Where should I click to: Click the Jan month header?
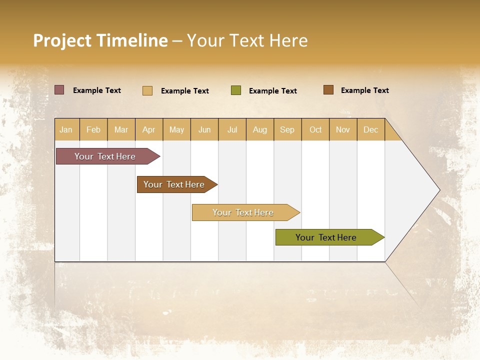(66, 130)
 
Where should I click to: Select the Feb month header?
(93, 130)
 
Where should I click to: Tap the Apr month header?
(148, 130)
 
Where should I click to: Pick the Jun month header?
(204, 130)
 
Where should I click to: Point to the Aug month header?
(259, 130)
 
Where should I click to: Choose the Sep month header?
(287, 130)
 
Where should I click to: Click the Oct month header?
(315, 130)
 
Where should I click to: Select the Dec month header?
(370, 130)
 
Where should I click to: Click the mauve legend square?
(59, 90)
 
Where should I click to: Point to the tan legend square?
(147, 90)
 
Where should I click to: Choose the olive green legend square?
(236, 90)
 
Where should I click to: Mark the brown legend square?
(328, 90)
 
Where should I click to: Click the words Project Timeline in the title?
(100, 40)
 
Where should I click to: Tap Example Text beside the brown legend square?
(364, 90)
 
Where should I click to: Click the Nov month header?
(343, 130)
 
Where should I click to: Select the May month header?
(176, 130)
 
